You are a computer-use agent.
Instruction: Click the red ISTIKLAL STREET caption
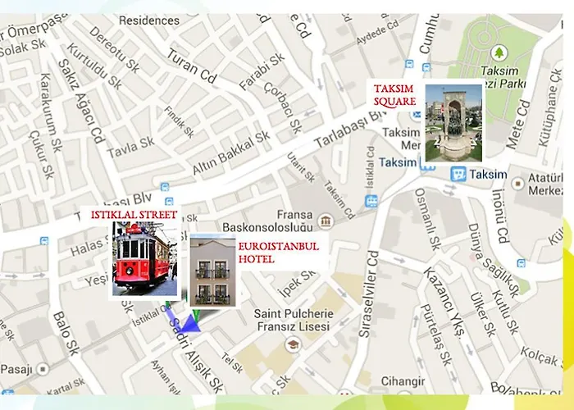pos(135,215)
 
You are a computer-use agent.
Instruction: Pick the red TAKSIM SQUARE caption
pos(396,95)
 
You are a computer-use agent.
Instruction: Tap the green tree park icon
pos(499,54)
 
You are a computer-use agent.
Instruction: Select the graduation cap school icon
pos(292,344)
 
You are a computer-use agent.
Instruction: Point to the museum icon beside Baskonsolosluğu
pos(326,221)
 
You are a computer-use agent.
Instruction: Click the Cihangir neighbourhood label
pos(397,381)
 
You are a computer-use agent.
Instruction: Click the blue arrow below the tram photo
pos(182,320)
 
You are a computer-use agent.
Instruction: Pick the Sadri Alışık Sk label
pos(194,361)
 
